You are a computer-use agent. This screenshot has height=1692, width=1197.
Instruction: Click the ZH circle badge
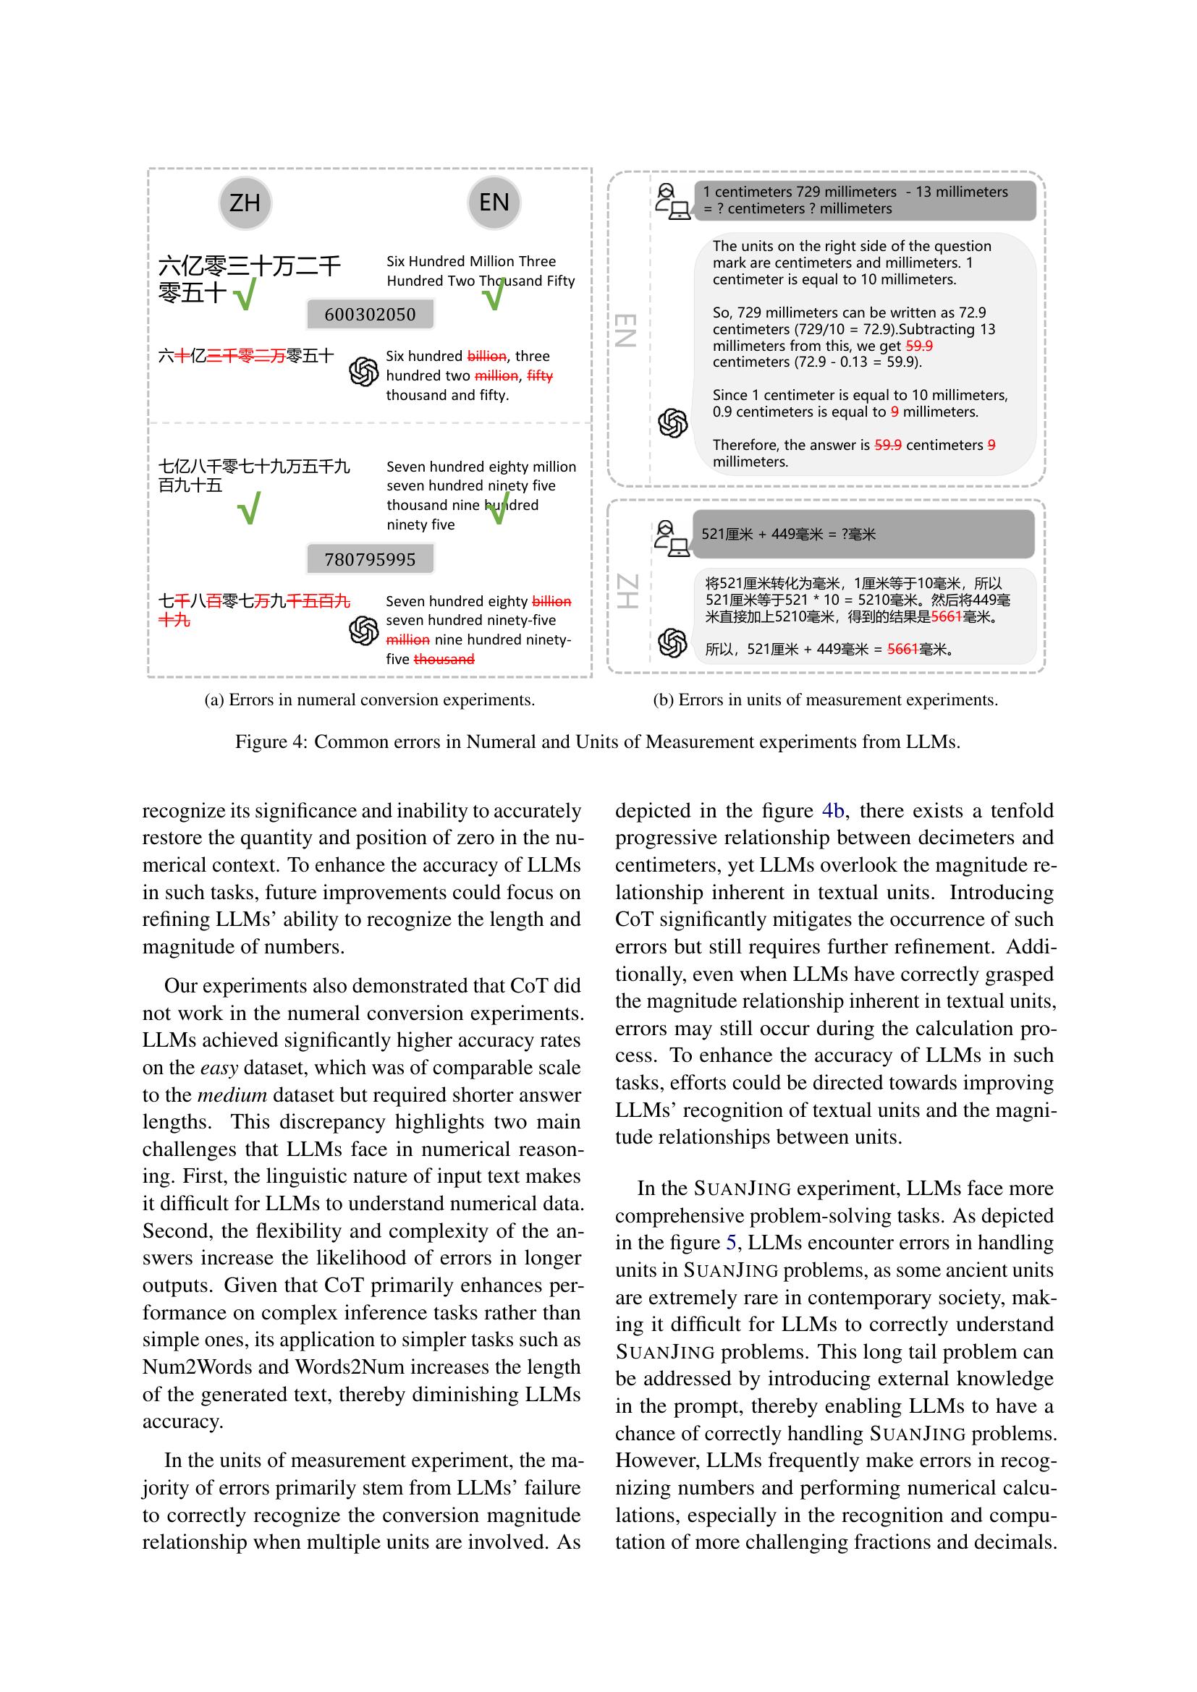tap(245, 203)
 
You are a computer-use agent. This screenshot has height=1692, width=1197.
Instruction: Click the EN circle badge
tap(494, 203)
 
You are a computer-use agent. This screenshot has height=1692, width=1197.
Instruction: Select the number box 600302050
tap(370, 315)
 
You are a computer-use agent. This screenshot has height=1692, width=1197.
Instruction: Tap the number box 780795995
tap(370, 559)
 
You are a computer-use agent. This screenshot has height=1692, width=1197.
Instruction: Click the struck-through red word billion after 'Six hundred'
tap(486, 356)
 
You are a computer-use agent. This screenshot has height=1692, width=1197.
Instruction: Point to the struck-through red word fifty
tap(540, 376)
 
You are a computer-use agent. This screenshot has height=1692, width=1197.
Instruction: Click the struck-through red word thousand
tap(444, 660)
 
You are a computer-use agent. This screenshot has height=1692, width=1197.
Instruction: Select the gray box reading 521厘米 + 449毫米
tap(863, 535)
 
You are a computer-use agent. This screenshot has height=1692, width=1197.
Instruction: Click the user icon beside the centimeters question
tap(672, 201)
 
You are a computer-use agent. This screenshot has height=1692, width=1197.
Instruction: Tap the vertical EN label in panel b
tap(625, 330)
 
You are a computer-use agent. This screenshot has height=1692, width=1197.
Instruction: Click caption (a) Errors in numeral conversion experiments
tap(369, 700)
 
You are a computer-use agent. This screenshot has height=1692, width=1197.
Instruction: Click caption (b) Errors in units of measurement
tap(825, 700)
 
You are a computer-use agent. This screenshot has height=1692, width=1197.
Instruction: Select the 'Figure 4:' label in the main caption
tap(271, 742)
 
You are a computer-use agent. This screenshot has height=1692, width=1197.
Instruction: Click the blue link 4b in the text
tap(833, 811)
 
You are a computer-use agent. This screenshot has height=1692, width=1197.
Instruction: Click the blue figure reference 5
tap(731, 1243)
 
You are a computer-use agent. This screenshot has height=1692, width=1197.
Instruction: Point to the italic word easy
tap(219, 1068)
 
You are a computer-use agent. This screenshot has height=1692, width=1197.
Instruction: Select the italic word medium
tap(232, 1095)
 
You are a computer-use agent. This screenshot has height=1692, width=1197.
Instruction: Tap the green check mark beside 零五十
tap(245, 294)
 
